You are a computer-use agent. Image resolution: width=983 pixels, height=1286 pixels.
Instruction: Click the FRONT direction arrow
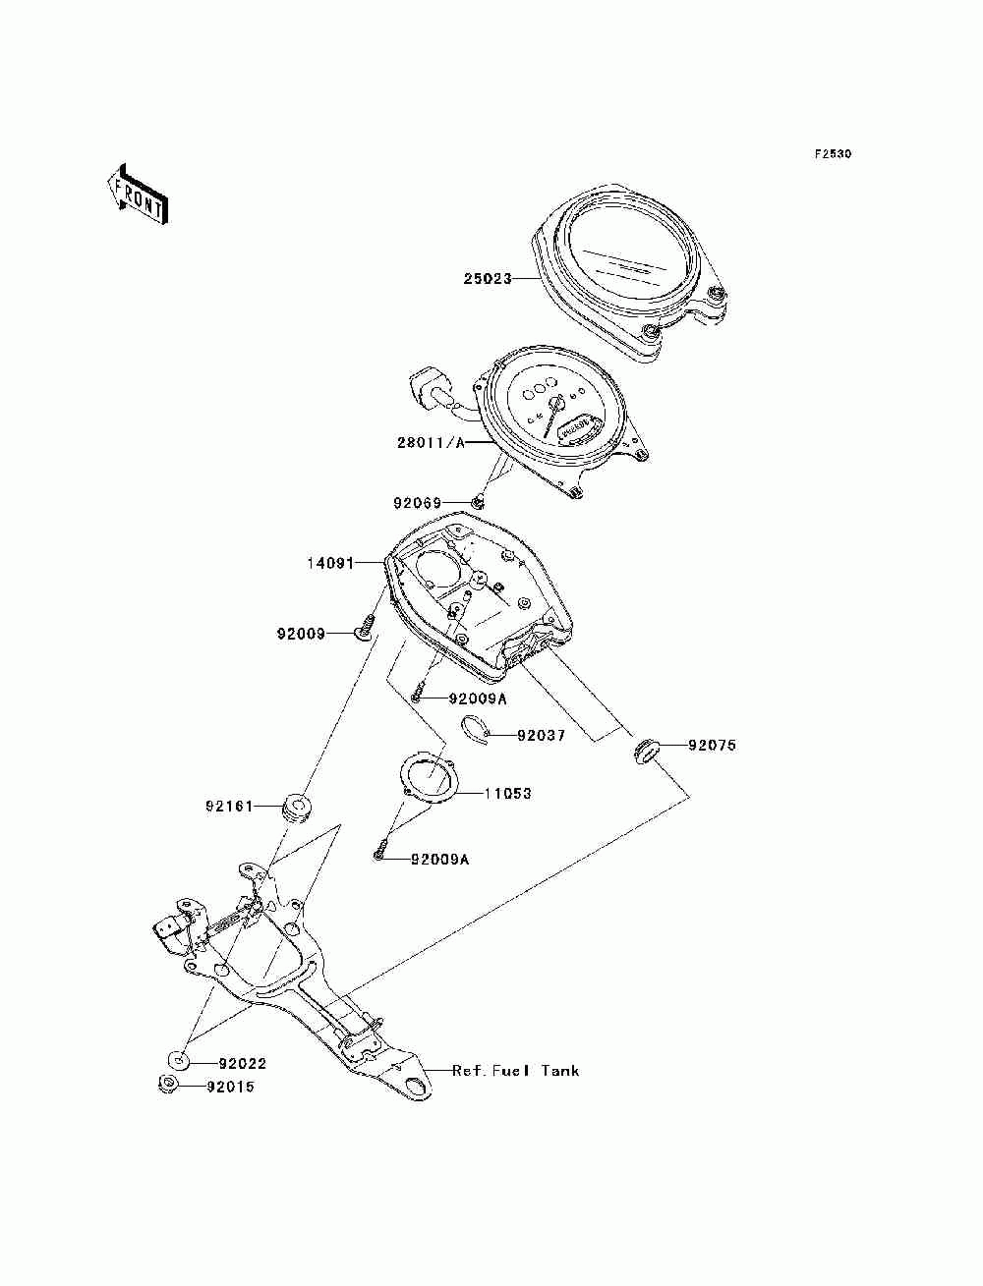pyautogui.click(x=139, y=195)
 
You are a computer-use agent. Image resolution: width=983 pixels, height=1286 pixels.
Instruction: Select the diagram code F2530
pyautogui.click(x=833, y=154)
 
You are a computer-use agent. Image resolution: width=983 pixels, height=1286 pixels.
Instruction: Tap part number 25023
pyautogui.click(x=488, y=279)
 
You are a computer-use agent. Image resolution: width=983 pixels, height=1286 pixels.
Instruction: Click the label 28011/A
pyautogui.click(x=431, y=442)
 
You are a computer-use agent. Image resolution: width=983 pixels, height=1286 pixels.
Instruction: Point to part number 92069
pyautogui.click(x=417, y=503)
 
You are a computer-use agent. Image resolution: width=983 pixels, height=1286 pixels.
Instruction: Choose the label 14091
pyautogui.click(x=330, y=564)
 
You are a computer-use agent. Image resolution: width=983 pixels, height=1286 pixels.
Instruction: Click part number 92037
pyautogui.click(x=541, y=735)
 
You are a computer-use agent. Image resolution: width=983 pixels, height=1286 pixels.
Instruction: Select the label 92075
pyautogui.click(x=713, y=746)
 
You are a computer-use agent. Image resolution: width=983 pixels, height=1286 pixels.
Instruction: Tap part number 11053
pyautogui.click(x=507, y=794)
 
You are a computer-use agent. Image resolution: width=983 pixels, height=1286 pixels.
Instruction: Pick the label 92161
pyautogui.click(x=229, y=807)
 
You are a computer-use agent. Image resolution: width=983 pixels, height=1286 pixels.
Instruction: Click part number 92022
pyautogui.click(x=243, y=1063)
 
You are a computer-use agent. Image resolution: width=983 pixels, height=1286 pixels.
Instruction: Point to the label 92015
pyautogui.click(x=230, y=1087)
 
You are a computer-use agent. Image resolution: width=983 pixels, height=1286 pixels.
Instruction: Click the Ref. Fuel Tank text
pyautogui.click(x=516, y=1071)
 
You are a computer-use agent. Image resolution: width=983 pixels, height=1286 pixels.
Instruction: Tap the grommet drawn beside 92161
pyautogui.click(x=296, y=807)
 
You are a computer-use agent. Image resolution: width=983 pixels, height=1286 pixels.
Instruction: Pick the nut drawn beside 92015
pyautogui.click(x=168, y=1085)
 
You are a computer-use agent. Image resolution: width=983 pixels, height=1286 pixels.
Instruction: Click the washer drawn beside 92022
pyautogui.click(x=178, y=1060)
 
